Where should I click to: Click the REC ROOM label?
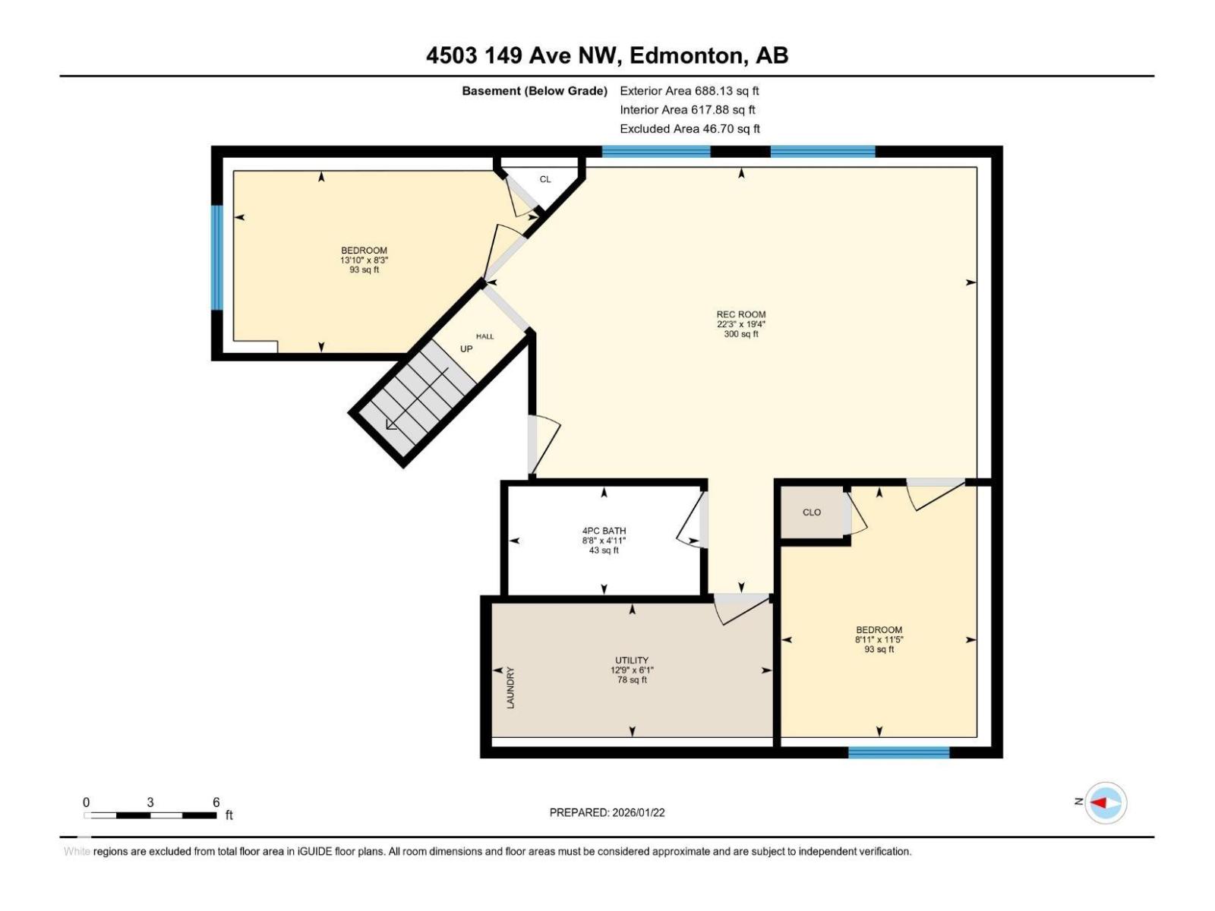click(x=740, y=314)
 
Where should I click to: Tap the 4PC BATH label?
click(x=604, y=531)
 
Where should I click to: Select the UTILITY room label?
click(x=631, y=660)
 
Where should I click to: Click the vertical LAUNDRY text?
click(x=510, y=688)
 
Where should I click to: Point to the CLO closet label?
click(x=811, y=512)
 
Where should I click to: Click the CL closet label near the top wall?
click(x=545, y=180)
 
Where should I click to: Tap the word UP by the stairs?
click(x=466, y=349)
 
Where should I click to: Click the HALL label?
click(x=484, y=336)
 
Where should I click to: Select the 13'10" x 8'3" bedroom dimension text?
click(x=364, y=260)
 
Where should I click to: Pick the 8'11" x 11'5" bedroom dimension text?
click(x=879, y=640)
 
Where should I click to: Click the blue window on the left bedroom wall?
click(x=217, y=257)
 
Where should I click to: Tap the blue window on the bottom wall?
click(x=898, y=752)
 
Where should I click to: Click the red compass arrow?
click(x=1099, y=802)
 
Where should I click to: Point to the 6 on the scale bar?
click(x=216, y=802)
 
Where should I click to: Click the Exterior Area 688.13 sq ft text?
click(x=689, y=90)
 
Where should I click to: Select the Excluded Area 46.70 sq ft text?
click(x=689, y=129)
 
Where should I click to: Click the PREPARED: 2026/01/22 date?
click(x=607, y=812)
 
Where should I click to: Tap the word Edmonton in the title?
click(x=685, y=55)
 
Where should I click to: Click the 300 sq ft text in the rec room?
click(x=740, y=334)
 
